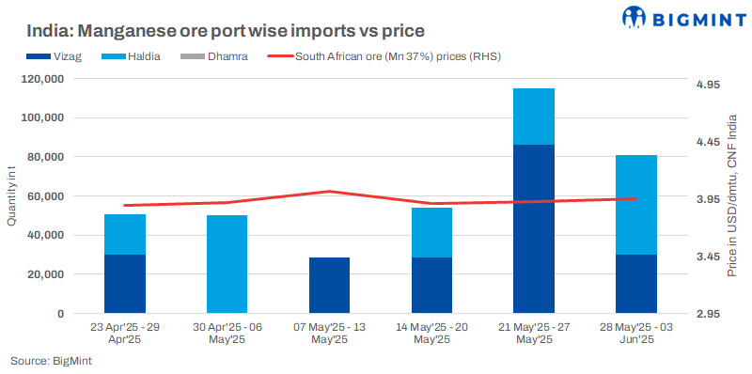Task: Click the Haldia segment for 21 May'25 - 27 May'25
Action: click(533, 117)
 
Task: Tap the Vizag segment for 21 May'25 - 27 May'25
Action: click(533, 228)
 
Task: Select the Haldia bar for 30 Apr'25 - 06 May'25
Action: click(227, 264)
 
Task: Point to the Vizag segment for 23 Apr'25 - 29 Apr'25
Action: click(125, 284)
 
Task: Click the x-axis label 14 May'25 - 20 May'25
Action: click(431, 334)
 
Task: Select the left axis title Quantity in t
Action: click(12, 195)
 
